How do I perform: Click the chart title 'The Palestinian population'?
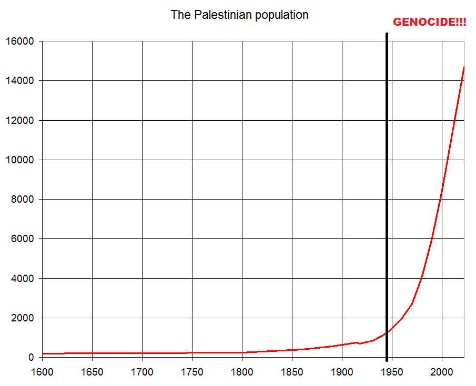click(x=239, y=15)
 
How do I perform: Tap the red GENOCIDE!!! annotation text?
click(x=430, y=23)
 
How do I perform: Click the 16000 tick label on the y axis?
click(x=19, y=41)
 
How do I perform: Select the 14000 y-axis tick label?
click(x=19, y=81)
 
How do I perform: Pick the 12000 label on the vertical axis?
click(x=19, y=120)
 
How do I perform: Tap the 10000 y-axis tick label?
click(x=19, y=160)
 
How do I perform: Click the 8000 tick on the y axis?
click(x=22, y=200)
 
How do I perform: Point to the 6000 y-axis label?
click(x=22, y=239)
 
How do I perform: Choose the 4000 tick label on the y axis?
click(x=22, y=278)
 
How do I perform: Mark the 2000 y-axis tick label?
click(x=22, y=318)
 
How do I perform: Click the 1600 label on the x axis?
click(x=42, y=372)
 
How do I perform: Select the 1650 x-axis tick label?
click(x=92, y=372)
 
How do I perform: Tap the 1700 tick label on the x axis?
click(x=142, y=372)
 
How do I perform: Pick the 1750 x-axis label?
click(x=192, y=372)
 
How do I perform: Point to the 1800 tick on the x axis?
click(x=242, y=372)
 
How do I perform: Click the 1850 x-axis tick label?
click(x=292, y=372)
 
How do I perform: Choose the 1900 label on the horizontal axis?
click(x=342, y=372)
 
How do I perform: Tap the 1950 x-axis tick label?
click(x=392, y=372)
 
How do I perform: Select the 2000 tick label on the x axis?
click(x=442, y=372)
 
